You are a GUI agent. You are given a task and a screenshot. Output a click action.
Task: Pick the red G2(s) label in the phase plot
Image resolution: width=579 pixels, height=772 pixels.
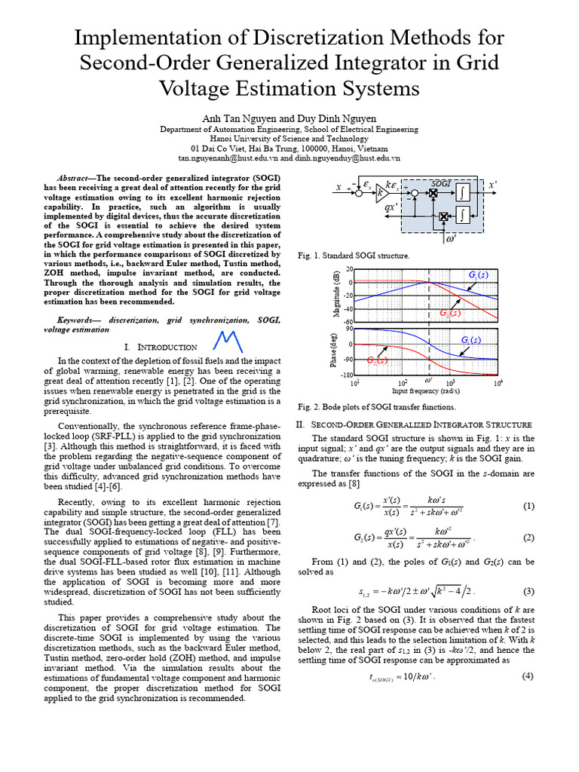coord(378,361)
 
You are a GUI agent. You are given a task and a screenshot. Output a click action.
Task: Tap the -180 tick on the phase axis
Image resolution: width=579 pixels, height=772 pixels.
coord(345,375)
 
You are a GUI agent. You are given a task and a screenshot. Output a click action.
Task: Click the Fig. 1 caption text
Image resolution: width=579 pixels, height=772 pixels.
coord(354,256)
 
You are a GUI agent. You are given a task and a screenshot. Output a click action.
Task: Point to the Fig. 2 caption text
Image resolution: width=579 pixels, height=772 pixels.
coord(377,406)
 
